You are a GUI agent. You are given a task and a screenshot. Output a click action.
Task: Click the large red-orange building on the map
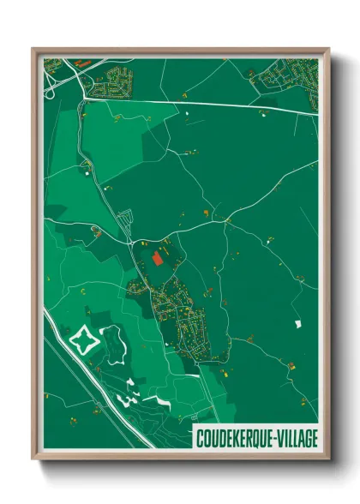pos(157,256)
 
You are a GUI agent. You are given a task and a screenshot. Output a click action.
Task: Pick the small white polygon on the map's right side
pos(297,323)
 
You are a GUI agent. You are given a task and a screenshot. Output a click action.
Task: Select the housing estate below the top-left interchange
pos(112,85)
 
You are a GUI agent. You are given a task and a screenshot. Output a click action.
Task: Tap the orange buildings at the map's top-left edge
pos(81,62)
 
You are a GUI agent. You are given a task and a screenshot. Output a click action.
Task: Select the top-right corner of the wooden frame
pos(327,50)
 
